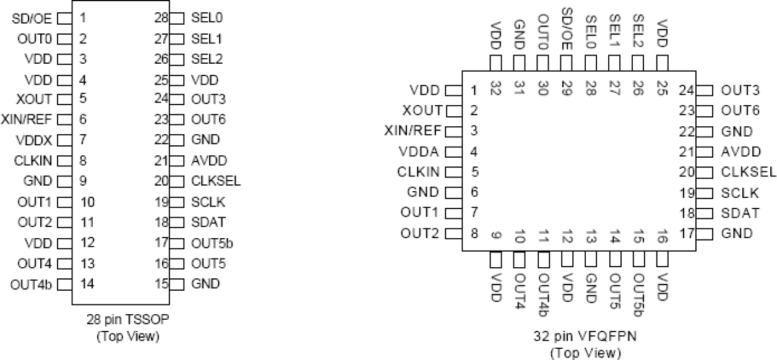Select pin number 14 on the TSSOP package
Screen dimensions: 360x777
click(87, 285)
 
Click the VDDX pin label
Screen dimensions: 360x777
click(36, 140)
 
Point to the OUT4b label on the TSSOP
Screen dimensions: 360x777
click(31, 285)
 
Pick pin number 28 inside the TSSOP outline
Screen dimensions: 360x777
click(162, 18)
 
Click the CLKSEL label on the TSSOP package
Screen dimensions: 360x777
click(215, 181)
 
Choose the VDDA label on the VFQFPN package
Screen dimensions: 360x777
click(419, 151)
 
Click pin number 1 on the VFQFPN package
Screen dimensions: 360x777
click(473, 90)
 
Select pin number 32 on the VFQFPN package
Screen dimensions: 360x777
click(496, 88)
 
